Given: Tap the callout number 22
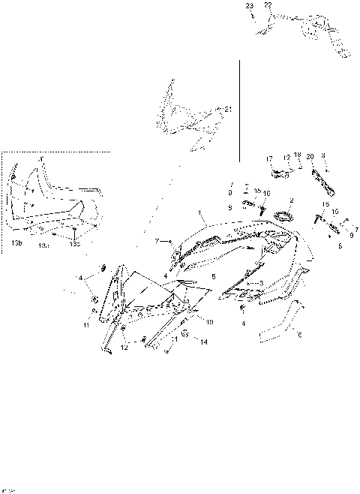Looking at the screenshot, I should tap(268, 5).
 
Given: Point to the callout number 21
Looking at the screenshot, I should tap(228, 110).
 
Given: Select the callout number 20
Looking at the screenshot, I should tap(310, 157).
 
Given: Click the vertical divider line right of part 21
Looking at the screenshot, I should tap(238, 113).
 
